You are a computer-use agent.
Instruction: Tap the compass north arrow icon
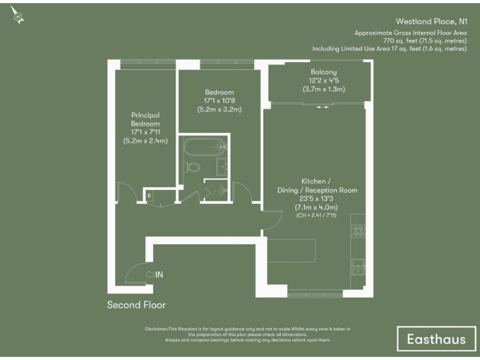coord(17,17)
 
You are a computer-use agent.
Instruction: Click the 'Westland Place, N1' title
coord(432,20)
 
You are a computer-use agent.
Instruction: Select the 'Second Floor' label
coord(136,305)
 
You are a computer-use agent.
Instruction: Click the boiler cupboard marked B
coord(149,196)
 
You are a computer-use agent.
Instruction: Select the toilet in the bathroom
coord(192,167)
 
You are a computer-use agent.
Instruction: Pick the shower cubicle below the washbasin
coord(219,189)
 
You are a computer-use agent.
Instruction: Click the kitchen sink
coord(359,266)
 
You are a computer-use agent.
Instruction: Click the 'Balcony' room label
coord(320,72)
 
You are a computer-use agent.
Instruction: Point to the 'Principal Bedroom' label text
coord(146,119)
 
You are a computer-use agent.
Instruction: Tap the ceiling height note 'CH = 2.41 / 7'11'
coord(317,215)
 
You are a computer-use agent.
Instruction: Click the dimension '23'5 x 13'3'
coord(317,199)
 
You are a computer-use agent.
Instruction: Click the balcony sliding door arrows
coord(322,107)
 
